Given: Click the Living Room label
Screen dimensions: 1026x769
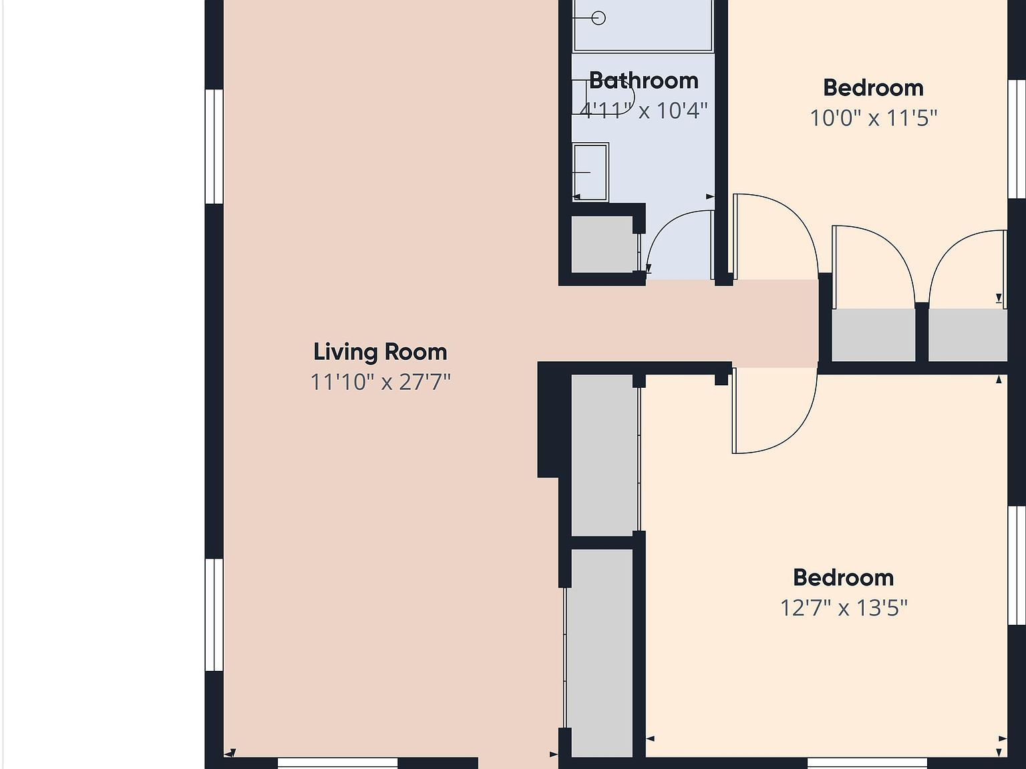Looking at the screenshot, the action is click(380, 352).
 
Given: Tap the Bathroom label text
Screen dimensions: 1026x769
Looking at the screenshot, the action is click(644, 81).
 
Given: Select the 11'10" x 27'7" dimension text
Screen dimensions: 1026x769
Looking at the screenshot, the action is click(380, 382).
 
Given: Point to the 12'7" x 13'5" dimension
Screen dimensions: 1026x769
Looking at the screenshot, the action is click(844, 608).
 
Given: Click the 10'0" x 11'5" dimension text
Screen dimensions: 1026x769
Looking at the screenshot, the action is click(873, 117).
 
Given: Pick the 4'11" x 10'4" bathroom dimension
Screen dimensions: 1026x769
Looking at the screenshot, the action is click(644, 111).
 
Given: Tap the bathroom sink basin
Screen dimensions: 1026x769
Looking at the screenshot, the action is click(590, 172).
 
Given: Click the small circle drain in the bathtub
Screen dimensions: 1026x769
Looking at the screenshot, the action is click(598, 18).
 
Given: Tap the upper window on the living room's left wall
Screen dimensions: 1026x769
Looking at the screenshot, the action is click(214, 147).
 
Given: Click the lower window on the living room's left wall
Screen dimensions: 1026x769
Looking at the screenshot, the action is click(214, 615).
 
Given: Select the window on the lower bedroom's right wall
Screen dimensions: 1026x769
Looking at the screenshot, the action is click(1017, 565).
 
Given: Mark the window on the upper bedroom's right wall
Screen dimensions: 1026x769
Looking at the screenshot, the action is click(1017, 139).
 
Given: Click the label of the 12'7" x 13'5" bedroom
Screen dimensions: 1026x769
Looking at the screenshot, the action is click(844, 578).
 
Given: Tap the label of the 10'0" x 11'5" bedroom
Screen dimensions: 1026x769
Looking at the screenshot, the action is click(873, 87).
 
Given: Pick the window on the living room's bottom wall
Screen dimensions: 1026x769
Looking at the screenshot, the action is click(337, 764).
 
